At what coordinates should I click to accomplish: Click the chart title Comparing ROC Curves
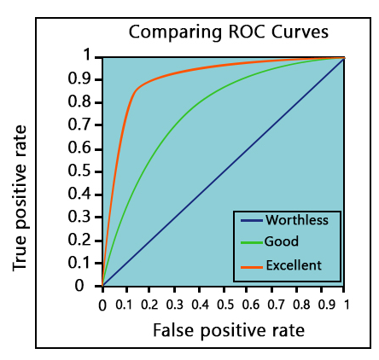coord(228,33)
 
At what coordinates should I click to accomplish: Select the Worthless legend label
coord(296,219)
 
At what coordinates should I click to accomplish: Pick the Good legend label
coord(282,241)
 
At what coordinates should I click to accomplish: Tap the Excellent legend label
coord(293,265)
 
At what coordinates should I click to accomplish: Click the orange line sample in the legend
coord(250,266)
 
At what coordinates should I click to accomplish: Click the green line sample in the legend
coord(250,242)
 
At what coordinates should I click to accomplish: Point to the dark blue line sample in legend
coord(250,220)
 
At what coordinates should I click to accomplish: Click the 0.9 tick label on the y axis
coord(84,79)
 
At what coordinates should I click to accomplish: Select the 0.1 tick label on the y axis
coord(84,263)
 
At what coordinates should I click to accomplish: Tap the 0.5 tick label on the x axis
coord(224,302)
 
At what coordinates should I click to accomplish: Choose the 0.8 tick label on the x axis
coord(296,302)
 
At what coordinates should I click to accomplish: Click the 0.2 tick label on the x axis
coord(151,302)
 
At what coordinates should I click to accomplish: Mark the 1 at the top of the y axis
coord(87,56)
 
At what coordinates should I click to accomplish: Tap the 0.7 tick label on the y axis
coord(84,125)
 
